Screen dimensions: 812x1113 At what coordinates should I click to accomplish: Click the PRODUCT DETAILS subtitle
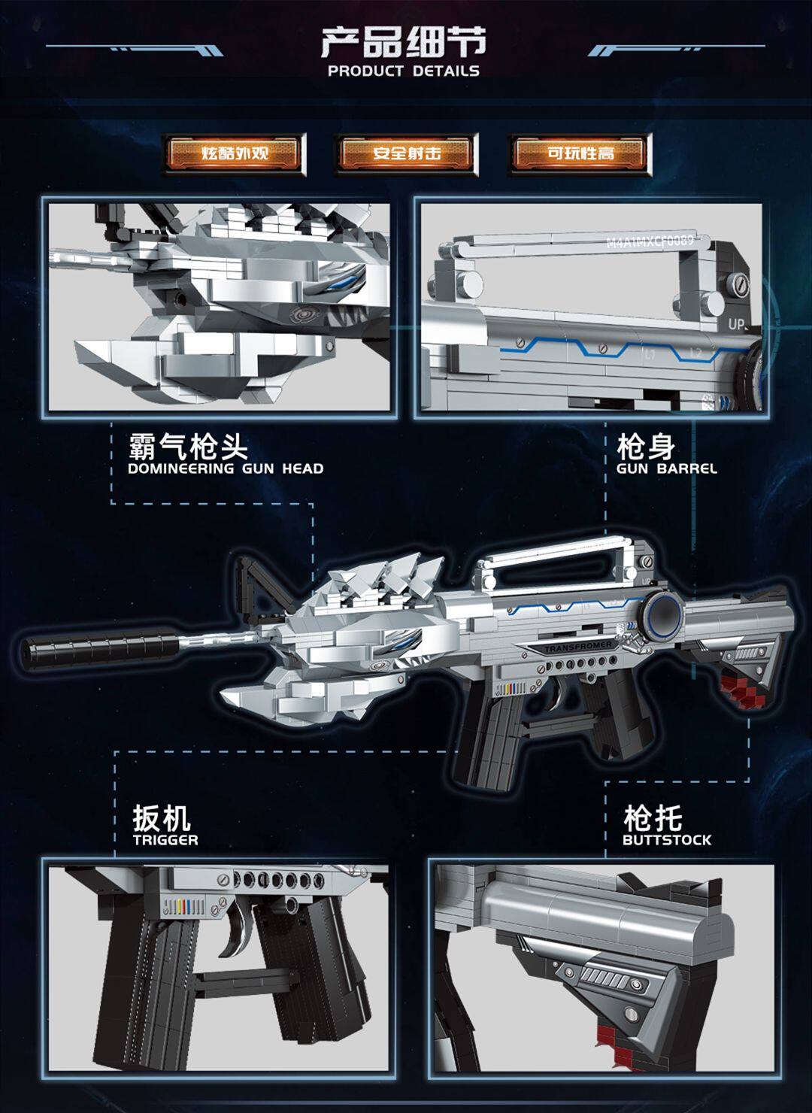pyautogui.click(x=404, y=71)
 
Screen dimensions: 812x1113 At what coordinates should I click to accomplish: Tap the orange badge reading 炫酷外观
pyautogui.click(x=235, y=153)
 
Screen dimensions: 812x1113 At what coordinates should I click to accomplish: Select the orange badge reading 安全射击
pyautogui.click(x=407, y=153)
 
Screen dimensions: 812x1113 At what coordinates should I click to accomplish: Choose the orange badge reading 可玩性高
pyautogui.click(x=580, y=153)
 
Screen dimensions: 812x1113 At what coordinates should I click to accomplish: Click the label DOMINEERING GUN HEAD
pyautogui.click(x=226, y=469)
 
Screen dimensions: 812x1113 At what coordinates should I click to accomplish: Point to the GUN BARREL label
pyautogui.click(x=666, y=469)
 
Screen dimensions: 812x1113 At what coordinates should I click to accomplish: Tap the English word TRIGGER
pyautogui.click(x=165, y=840)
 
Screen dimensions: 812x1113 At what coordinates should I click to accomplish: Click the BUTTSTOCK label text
pyautogui.click(x=666, y=840)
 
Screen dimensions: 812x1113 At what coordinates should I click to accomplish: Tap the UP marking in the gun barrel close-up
pyautogui.click(x=735, y=325)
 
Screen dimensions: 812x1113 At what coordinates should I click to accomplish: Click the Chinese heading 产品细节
pyautogui.click(x=404, y=42)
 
